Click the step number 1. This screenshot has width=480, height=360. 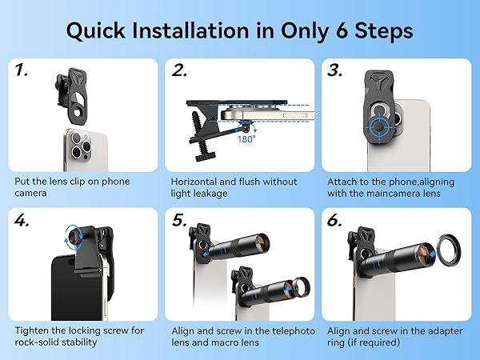click(x=21, y=70)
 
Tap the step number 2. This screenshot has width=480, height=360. click(x=179, y=70)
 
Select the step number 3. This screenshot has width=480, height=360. click(x=335, y=70)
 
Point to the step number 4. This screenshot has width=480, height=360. click(x=22, y=220)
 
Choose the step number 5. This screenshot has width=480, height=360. click(x=179, y=220)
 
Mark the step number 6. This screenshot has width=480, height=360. click(x=334, y=220)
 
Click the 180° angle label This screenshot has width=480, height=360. click(x=246, y=139)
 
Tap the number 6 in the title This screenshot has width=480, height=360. click(x=342, y=31)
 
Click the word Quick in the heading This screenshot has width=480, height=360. click(x=96, y=31)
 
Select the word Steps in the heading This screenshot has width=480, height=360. click(x=383, y=31)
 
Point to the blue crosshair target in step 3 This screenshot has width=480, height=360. click(x=378, y=126)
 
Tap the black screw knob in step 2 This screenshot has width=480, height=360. click(x=203, y=158)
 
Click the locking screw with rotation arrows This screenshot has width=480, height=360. click(x=74, y=236)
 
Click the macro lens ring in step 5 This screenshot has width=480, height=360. click(x=302, y=287)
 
